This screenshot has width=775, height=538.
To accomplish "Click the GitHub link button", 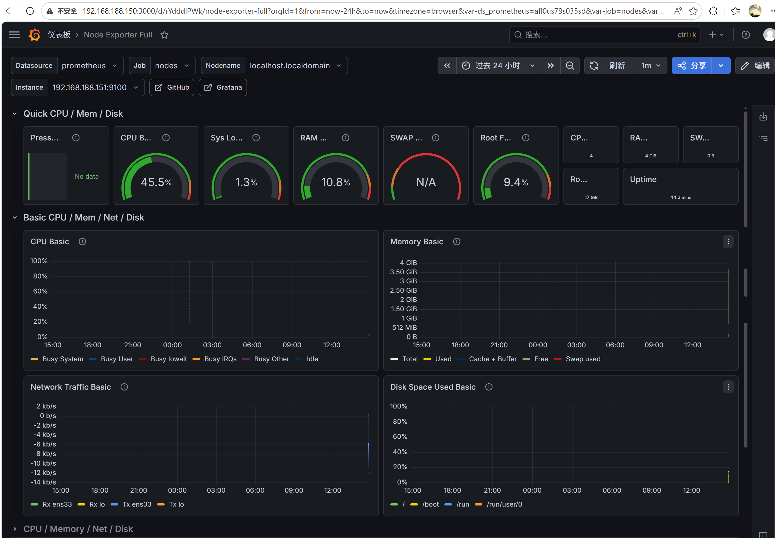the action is tap(172, 87).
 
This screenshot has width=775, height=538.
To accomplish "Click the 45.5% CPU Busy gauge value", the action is tap(156, 182).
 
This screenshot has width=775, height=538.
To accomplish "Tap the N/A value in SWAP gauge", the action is tap(426, 182).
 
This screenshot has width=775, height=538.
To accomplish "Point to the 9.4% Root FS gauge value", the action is tap(516, 182).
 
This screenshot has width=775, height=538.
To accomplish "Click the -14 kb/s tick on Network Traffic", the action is tap(43, 482).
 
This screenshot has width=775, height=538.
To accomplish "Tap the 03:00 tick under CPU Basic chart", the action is tap(212, 345).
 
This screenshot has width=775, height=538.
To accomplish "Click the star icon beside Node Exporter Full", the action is tap(164, 35).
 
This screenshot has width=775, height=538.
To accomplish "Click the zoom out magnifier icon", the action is tap(570, 65).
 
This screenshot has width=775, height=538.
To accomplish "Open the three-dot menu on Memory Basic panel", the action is tap(728, 242).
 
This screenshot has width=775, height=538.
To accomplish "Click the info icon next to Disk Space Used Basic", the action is tap(489, 387).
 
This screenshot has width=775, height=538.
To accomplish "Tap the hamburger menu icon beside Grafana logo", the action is tap(14, 35).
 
